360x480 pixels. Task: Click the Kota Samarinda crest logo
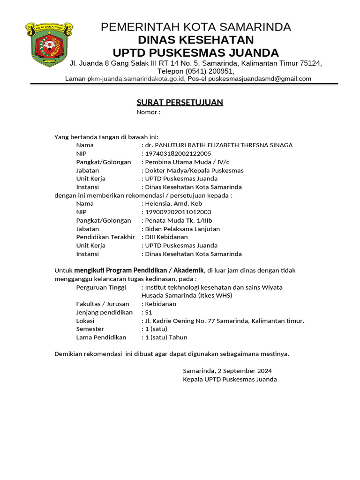click(49, 45)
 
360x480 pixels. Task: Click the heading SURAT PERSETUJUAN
click(180, 102)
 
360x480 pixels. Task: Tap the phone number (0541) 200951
click(209, 71)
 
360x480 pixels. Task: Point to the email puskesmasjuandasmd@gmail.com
click(260, 79)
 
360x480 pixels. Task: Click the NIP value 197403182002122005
click(178, 154)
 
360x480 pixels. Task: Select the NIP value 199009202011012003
click(179, 212)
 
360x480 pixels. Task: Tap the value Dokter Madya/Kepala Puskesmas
click(194, 170)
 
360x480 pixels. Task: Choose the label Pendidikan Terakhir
click(105, 237)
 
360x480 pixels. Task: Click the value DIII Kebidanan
click(166, 237)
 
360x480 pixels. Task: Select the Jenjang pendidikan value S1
click(149, 312)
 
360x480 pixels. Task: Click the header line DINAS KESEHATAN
click(195, 39)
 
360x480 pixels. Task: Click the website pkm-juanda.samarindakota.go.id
click(136, 79)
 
